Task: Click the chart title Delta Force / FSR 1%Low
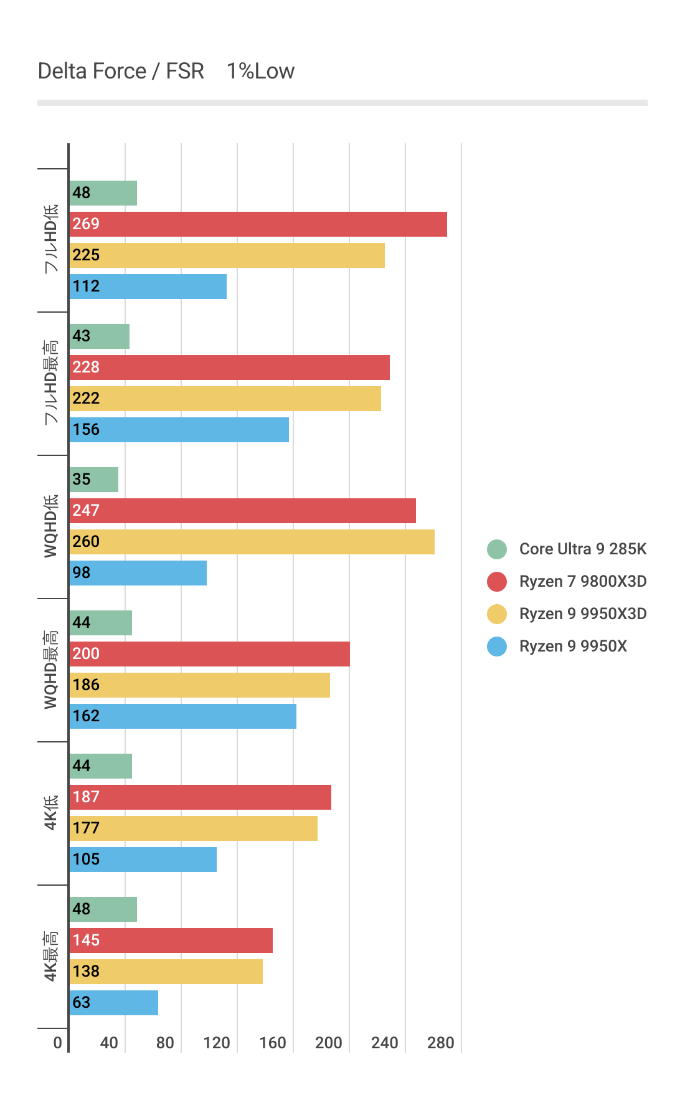click(166, 72)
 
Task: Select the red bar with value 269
click(258, 224)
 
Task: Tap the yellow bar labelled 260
click(252, 542)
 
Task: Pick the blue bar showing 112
click(148, 287)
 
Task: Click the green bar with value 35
click(93, 480)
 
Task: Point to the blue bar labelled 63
click(113, 1003)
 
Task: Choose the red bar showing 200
click(209, 654)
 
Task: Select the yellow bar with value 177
click(193, 828)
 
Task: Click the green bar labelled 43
click(99, 336)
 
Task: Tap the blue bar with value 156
click(179, 430)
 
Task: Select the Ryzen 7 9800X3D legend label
click(582, 581)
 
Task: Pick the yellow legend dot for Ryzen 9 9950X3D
click(497, 614)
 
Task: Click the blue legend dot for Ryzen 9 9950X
click(497, 646)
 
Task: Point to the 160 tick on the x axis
click(273, 1043)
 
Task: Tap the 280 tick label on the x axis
click(441, 1043)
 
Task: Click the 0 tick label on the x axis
click(57, 1043)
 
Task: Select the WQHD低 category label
click(50, 526)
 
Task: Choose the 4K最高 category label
click(50, 956)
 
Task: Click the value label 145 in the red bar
click(86, 940)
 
